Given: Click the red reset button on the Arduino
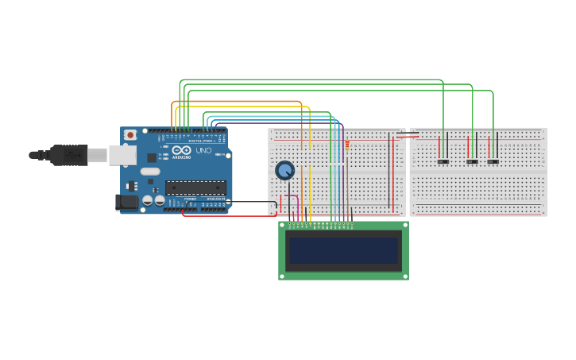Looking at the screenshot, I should [130, 136].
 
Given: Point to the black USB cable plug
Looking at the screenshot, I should [68, 155].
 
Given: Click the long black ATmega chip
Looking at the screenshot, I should [195, 188].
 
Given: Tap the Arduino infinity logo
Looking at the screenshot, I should [181, 150].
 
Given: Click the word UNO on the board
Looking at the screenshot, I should [203, 150].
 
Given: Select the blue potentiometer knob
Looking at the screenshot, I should [284, 170].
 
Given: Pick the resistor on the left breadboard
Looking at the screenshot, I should [347, 146].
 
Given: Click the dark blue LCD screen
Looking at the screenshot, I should [343, 251].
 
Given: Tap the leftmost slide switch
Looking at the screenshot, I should [443, 162].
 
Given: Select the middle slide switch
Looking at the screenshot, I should [472, 162].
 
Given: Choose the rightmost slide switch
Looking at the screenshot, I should [493, 162].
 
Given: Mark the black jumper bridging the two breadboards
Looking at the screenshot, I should [408, 133].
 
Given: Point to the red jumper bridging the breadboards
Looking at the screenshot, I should [408, 137].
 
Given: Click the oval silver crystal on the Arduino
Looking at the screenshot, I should [150, 171].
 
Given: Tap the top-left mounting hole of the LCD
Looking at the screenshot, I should [282, 226].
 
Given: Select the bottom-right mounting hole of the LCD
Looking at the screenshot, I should [405, 276].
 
